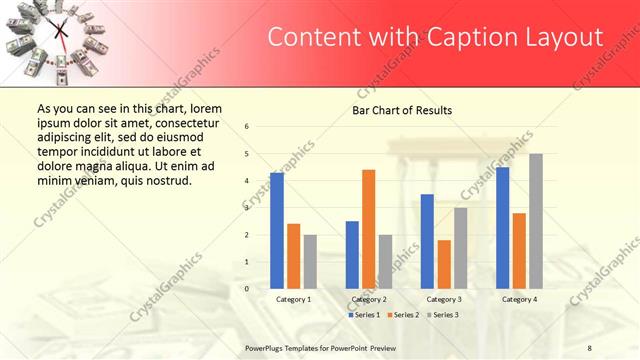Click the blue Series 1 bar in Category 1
[276, 231]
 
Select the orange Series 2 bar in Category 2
[368, 229]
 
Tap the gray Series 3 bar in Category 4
[536, 221]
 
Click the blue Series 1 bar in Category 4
[502, 228]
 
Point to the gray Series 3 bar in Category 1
[310, 262]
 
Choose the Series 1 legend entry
[363, 315]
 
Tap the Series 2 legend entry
[402, 315]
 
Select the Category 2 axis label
[369, 299]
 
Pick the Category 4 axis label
[519, 299]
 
